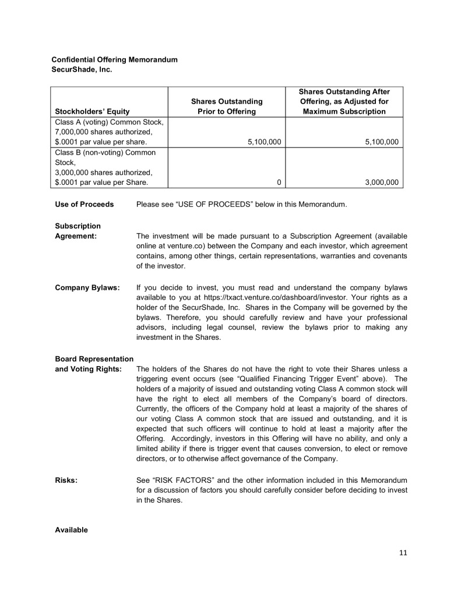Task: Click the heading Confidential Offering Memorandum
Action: [115, 59]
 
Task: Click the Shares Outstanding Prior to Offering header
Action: [227, 106]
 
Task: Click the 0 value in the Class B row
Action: [279, 182]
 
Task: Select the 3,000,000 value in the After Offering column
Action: [381, 182]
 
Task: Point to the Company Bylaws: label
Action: [87, 287]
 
